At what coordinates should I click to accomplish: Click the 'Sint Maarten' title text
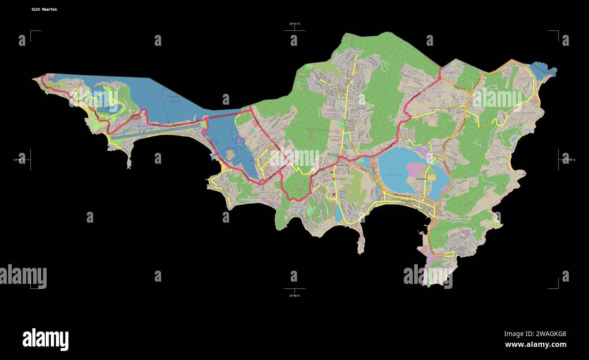point(44,9)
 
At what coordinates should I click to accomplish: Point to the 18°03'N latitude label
point(294,24)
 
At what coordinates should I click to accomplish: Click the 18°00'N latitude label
point(294,296)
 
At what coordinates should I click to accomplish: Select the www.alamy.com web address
point(536,345)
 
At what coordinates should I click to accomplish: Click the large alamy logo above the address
point(45,339)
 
